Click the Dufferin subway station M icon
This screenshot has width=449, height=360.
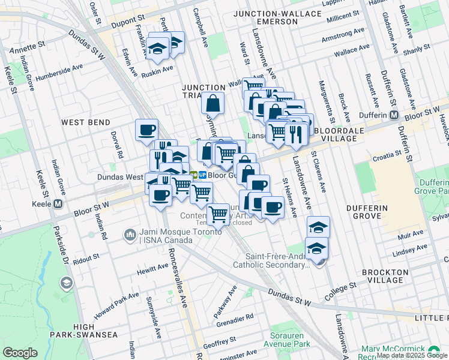tap(394, 115)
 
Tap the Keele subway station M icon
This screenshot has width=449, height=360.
tap(58, 203)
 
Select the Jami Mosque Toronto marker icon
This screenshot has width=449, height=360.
tap(130, 234)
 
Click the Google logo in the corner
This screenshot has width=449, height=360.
tap(20, 353)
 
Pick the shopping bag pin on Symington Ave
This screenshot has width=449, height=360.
tap(213, 104)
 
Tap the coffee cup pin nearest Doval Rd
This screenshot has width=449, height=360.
tap(146, 130)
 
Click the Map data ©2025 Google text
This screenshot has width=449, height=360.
tap(412, 355)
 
